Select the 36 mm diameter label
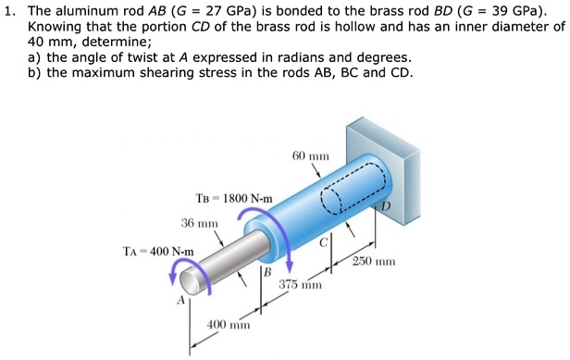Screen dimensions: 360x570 [200, 223]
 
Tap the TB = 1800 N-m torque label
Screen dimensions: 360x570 [234, 198]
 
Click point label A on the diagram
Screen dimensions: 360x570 [182, 301]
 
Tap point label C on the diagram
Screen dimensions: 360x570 [324, 242]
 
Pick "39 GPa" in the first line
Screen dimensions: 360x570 [520, 12]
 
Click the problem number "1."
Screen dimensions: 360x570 [10, 12]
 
